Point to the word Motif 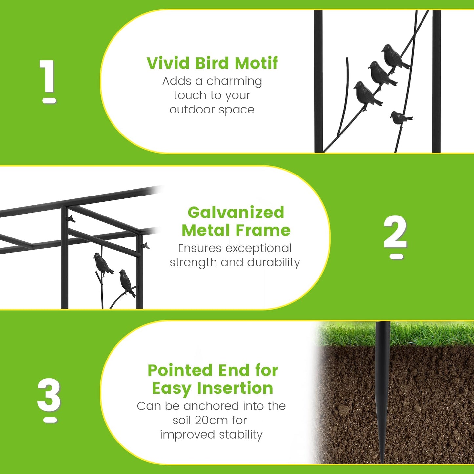point(256,63)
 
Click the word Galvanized point(236,212)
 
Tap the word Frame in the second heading point(263,230)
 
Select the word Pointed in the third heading point(180,370)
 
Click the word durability point(273,262)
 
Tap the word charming point(234,81)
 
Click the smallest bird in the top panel point(401,118)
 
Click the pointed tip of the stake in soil point(382,462)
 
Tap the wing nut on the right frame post point(145,245)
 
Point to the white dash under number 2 point(396,257)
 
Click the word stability point(241,435)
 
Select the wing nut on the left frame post point(71,218)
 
